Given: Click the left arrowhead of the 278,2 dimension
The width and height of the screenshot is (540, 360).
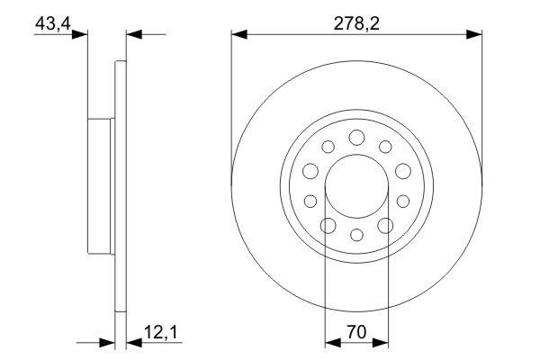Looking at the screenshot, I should coord(238,35).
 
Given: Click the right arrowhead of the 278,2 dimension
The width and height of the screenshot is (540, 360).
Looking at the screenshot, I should coord(474,35).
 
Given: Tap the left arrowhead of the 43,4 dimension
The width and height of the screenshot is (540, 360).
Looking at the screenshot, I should coord(83,35).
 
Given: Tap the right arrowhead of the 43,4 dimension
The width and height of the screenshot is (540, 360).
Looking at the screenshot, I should coord(131,35).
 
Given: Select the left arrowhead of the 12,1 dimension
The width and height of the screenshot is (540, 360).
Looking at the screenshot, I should coord(110,342).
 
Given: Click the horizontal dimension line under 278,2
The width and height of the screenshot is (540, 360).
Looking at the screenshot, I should coord(297,35).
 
